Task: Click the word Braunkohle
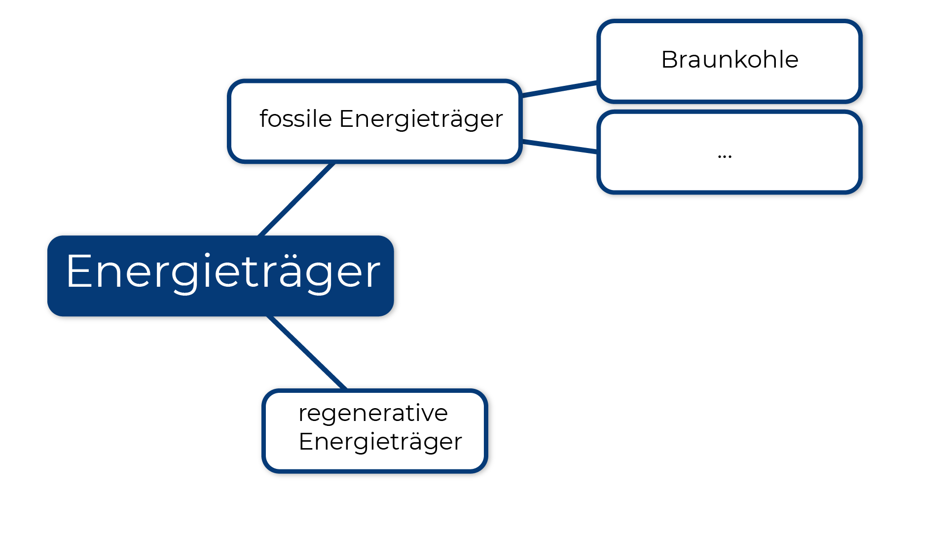click(x=729, y=60)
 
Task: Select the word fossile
click(x=295, y=119)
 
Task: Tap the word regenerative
click(x=373, y=413)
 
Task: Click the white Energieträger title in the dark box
click(x=223, y=271)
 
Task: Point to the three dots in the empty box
click(x=725, y=156)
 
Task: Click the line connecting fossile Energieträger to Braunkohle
click(x=559, y=89)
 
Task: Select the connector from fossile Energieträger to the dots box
click(x=559, y=146)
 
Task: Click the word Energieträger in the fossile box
click(x=421, y=119)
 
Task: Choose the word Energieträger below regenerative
click(x=380, y=442)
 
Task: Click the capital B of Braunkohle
click(x=669, y=60)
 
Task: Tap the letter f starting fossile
click(x=264, y=118)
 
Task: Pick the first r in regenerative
click(x=302, y=414)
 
